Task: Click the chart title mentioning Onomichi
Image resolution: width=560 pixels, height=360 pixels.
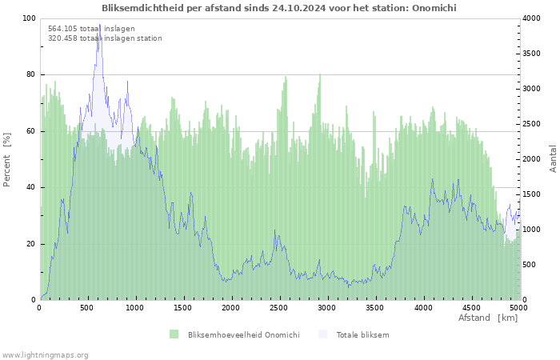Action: coord(279,8)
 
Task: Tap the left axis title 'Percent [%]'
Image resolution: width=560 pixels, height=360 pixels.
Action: coord(6,160)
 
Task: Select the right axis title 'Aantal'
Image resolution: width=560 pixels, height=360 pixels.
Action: coord(553,158)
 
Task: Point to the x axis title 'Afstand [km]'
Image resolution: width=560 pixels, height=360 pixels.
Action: coord(488,318)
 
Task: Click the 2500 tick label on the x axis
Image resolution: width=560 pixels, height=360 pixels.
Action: coord(278,308)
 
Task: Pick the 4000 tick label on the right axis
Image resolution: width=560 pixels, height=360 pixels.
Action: coord(531,18)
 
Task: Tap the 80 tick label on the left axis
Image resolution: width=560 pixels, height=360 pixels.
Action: coord(30,74)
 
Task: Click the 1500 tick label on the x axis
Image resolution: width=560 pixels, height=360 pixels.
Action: coord(182,308)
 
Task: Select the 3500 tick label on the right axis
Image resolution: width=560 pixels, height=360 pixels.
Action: coord(531,54)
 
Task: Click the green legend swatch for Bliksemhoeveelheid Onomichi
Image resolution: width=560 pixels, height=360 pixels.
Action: coord(174,334)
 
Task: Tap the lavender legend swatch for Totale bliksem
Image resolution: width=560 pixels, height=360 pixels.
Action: coord(322,334)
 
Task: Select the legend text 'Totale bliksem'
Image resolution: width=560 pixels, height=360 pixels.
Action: coord(362,335)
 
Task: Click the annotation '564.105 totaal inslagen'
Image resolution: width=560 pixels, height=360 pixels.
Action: coord(91,29)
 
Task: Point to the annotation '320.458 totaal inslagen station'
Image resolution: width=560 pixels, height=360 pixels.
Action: coord(105,38)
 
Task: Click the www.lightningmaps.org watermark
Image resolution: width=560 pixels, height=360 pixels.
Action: coord(45,355)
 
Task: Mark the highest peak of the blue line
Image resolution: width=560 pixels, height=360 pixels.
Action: coord(100,24)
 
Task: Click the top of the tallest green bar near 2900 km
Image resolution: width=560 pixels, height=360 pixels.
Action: coord(320,74)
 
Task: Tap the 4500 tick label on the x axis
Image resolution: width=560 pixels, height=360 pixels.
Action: coord(470,308)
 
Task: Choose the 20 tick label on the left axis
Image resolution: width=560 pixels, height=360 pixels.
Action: coord(30,244)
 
